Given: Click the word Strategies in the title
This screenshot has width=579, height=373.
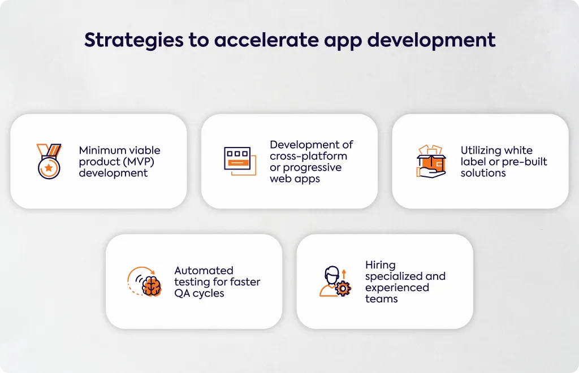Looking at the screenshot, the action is pyautogui.click(x=133, y=40).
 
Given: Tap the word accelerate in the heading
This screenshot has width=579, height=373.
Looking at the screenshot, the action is pyautogui.click(x=266, y=40).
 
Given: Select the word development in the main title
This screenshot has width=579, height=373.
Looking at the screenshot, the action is pyautogui.click(x=431, y=40).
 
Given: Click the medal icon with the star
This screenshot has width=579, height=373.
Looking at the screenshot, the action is pyautogui.click(x=49, y=161).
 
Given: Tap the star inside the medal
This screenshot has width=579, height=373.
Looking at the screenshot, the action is pyautogui.click(x=49, y=168).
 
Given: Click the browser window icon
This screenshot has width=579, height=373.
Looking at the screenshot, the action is pyautogui.click(x=240, y=161).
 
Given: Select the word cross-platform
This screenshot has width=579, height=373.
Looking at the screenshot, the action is pyautogui.click(x=308, y=156).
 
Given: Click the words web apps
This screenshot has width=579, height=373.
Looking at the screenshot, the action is pyautogui.click(x=295, y=179).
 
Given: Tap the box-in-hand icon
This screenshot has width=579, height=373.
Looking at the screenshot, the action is pyautogui.click(x=431, y=161).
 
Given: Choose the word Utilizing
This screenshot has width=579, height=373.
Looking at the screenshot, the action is pyautogui.click(x=481, y=150).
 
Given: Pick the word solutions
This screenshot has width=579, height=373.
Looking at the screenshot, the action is pyautogui.click(x=483, y=173).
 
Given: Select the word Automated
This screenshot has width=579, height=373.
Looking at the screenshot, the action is pyautogui.click(x=204, y=271).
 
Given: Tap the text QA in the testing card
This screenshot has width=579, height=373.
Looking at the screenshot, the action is pyautogui.click(x=182, y=293).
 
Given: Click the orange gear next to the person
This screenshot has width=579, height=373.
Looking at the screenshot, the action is pyautogui.click(x=343, y=289).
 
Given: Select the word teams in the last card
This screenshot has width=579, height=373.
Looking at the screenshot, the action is pyautogui.click(x=382, y=299).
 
